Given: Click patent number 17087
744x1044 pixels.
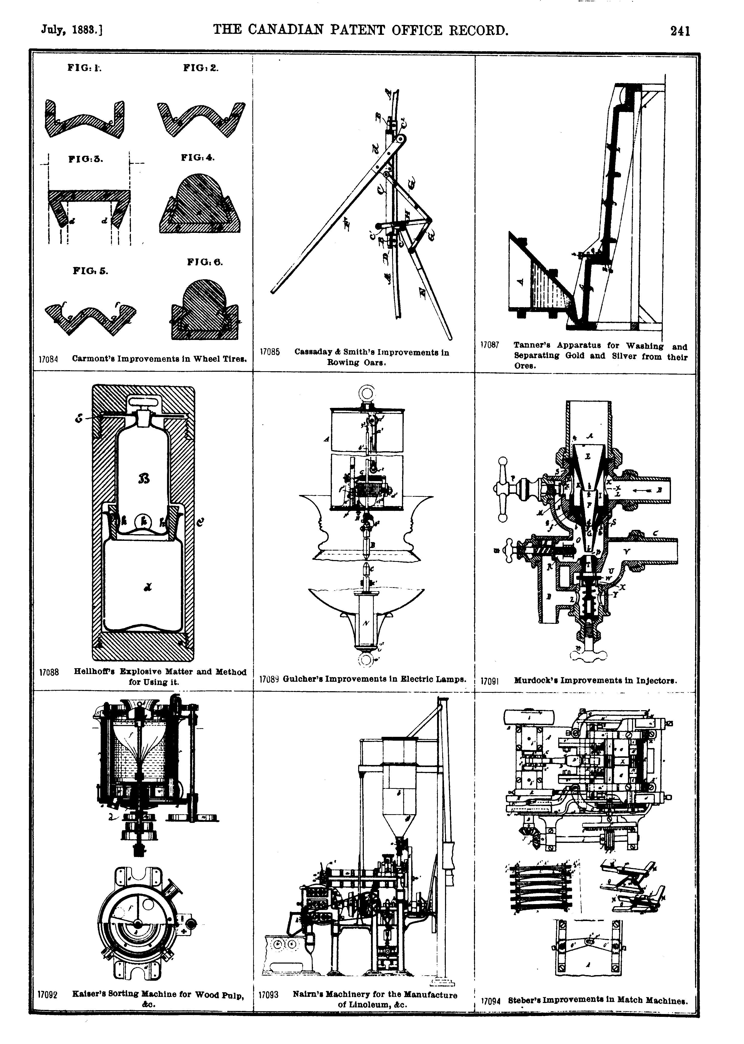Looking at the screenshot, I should (490, 345).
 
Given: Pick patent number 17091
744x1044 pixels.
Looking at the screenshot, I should (490, 681).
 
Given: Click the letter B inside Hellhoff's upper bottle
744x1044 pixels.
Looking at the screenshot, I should (144, 479).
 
